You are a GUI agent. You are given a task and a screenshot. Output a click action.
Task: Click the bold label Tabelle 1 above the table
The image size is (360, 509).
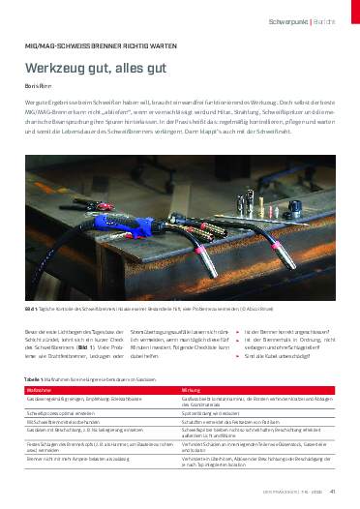pos(36,378)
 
